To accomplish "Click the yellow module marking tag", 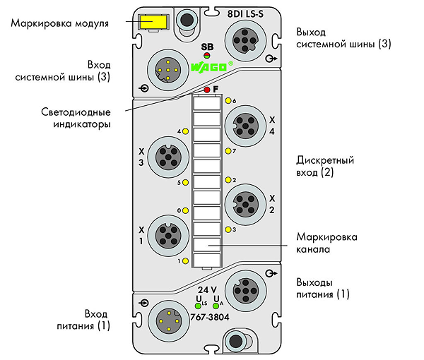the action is coord(153,22).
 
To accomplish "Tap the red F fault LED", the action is coord(207,90).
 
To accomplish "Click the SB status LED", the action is coord(207,56).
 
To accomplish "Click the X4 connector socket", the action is coord(245,126).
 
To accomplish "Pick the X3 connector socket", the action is coord(168,157).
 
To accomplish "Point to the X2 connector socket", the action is coord(245,205).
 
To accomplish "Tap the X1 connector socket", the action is coord(168,236).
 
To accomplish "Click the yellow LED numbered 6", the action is coord(228,101).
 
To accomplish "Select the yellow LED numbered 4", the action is coord(185,131).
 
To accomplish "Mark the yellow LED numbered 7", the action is coord(228,151).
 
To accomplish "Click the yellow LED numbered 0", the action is coord(185,210).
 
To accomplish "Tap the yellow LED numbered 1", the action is coord(185,261).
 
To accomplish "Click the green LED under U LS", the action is coord(198,306).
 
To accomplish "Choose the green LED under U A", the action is coord(216,306).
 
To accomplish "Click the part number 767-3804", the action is coord(210,317).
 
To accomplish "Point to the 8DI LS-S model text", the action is coord(245,14).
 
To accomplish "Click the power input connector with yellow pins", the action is coord(169,321).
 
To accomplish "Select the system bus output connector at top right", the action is coord(245,40).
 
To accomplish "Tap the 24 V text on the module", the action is coord(207,290).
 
